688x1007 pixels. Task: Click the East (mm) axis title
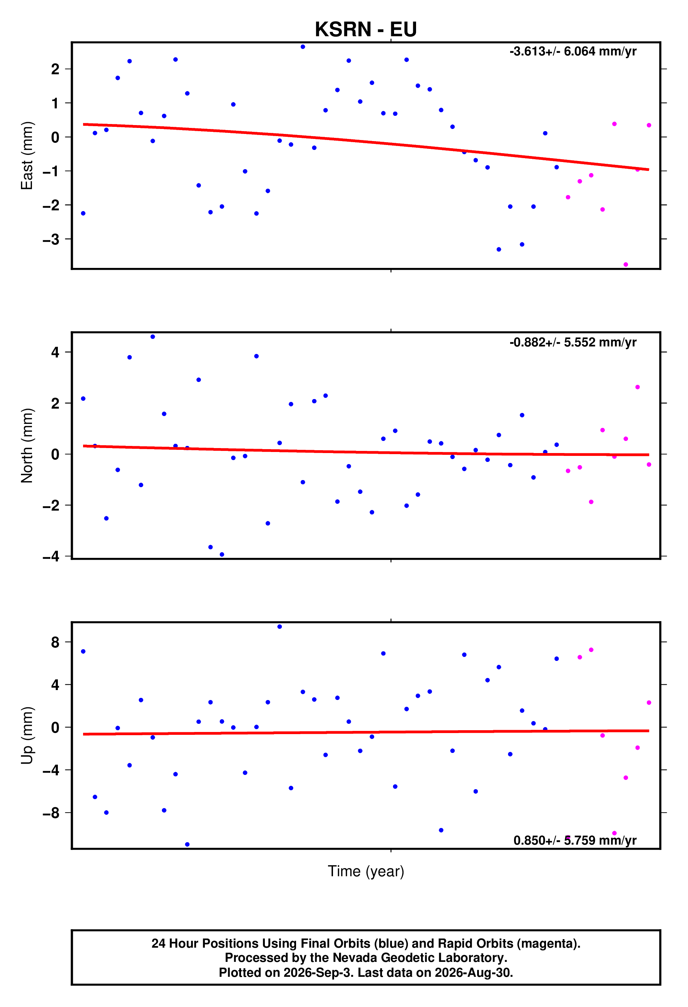coord(27,156)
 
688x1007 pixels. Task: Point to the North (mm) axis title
coord(27,446)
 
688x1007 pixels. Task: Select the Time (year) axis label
coord(366,871)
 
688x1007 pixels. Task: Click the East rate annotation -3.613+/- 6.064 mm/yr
coord(573,52)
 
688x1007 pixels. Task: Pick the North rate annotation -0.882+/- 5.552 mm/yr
coord(573,342)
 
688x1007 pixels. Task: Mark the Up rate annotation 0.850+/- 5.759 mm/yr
coord(575,840)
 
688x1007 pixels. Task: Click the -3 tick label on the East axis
coord(51,239)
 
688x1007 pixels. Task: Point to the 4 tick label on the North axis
coord(55,352)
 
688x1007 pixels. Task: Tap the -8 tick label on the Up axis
coord(51,813)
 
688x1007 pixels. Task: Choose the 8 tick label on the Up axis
coord(55,642)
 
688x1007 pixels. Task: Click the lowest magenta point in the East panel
coord(626,264)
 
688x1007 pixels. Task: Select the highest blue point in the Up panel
coord(279,626)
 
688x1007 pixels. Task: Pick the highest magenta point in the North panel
coord(637,387)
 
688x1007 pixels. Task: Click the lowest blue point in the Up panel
coord(187,845)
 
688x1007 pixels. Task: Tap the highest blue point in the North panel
coord(152,337)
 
